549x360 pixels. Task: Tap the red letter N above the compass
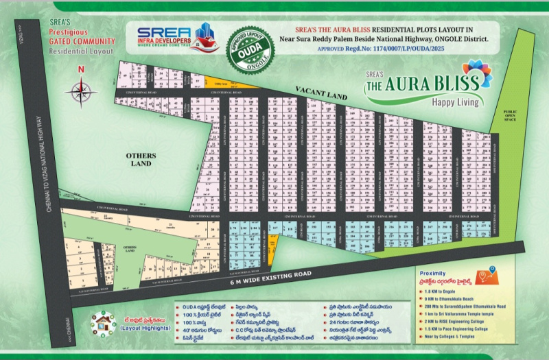tap(81, 70)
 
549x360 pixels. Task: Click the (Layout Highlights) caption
tap(145, 328)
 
